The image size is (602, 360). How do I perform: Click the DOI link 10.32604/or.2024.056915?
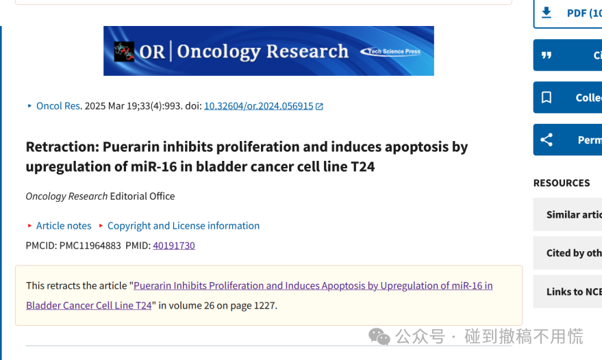pos(258,106)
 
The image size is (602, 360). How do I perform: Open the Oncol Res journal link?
pos(58,106)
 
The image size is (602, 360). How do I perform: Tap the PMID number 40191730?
pos(174,245)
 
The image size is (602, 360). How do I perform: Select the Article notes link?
pos(64,226)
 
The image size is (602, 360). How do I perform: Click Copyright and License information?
pos(184,226)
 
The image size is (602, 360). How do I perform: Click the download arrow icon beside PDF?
pos(547,13)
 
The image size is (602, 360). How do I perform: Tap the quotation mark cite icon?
pos(547,55)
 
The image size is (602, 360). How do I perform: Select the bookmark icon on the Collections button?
pos(547,97)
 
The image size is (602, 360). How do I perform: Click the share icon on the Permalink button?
pos(547,140)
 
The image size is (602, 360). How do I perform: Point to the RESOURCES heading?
pos(562,183)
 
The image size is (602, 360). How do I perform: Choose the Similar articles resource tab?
pos(568,214)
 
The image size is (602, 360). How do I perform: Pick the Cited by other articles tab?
pos(568,253)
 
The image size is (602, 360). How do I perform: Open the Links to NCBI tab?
pos(568,292)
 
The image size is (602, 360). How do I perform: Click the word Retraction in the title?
pos(62,146)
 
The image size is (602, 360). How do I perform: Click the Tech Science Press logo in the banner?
pos(390,51)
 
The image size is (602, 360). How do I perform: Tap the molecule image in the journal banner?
pos(124,51)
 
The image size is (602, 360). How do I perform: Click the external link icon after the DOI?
pos(319,106)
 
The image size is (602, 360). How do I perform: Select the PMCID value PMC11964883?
pos(90,245)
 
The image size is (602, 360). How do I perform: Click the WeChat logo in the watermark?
pos(379,337)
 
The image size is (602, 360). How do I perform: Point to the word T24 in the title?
pos(363,166)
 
